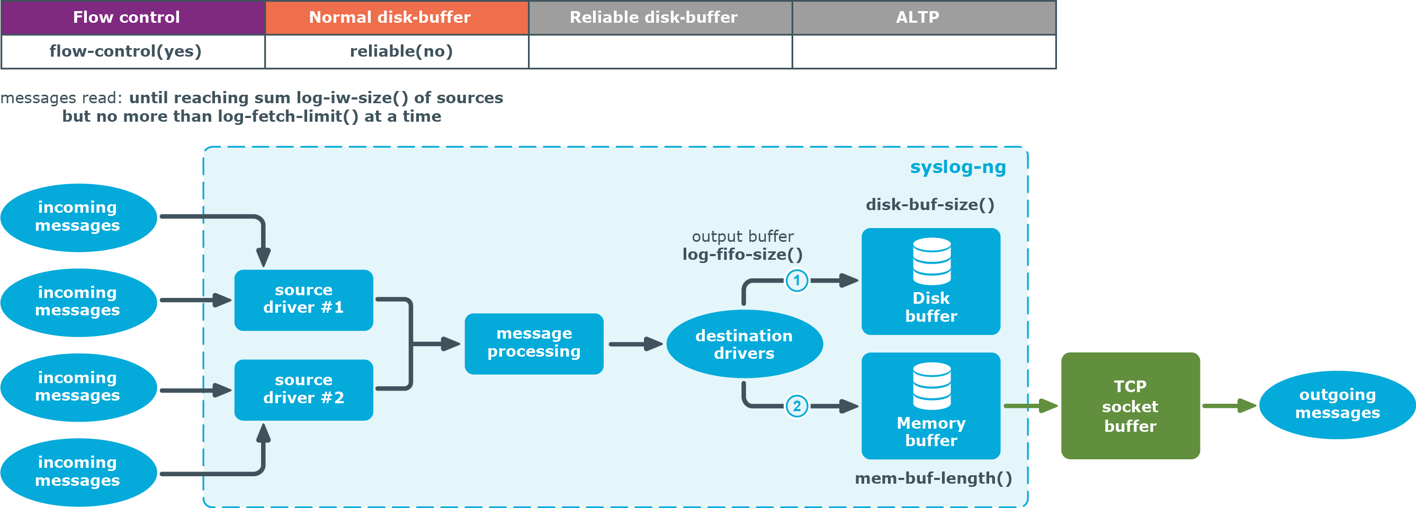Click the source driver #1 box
pos(303,300)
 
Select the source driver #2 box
pos(303,390)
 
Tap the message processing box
pos(534,344)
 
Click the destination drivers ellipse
pos(745,344)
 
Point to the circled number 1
pos(796,280)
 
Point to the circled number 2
pos(796,406)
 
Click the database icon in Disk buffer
pos(931,261)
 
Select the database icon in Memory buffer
pos(931,386)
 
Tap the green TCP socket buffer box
pos(1130,406)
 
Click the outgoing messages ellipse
pos(1338,405)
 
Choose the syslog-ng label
pos(958,167)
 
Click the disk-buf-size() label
pos(930,205)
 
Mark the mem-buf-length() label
pos(934,478)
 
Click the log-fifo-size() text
pos(742,255)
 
